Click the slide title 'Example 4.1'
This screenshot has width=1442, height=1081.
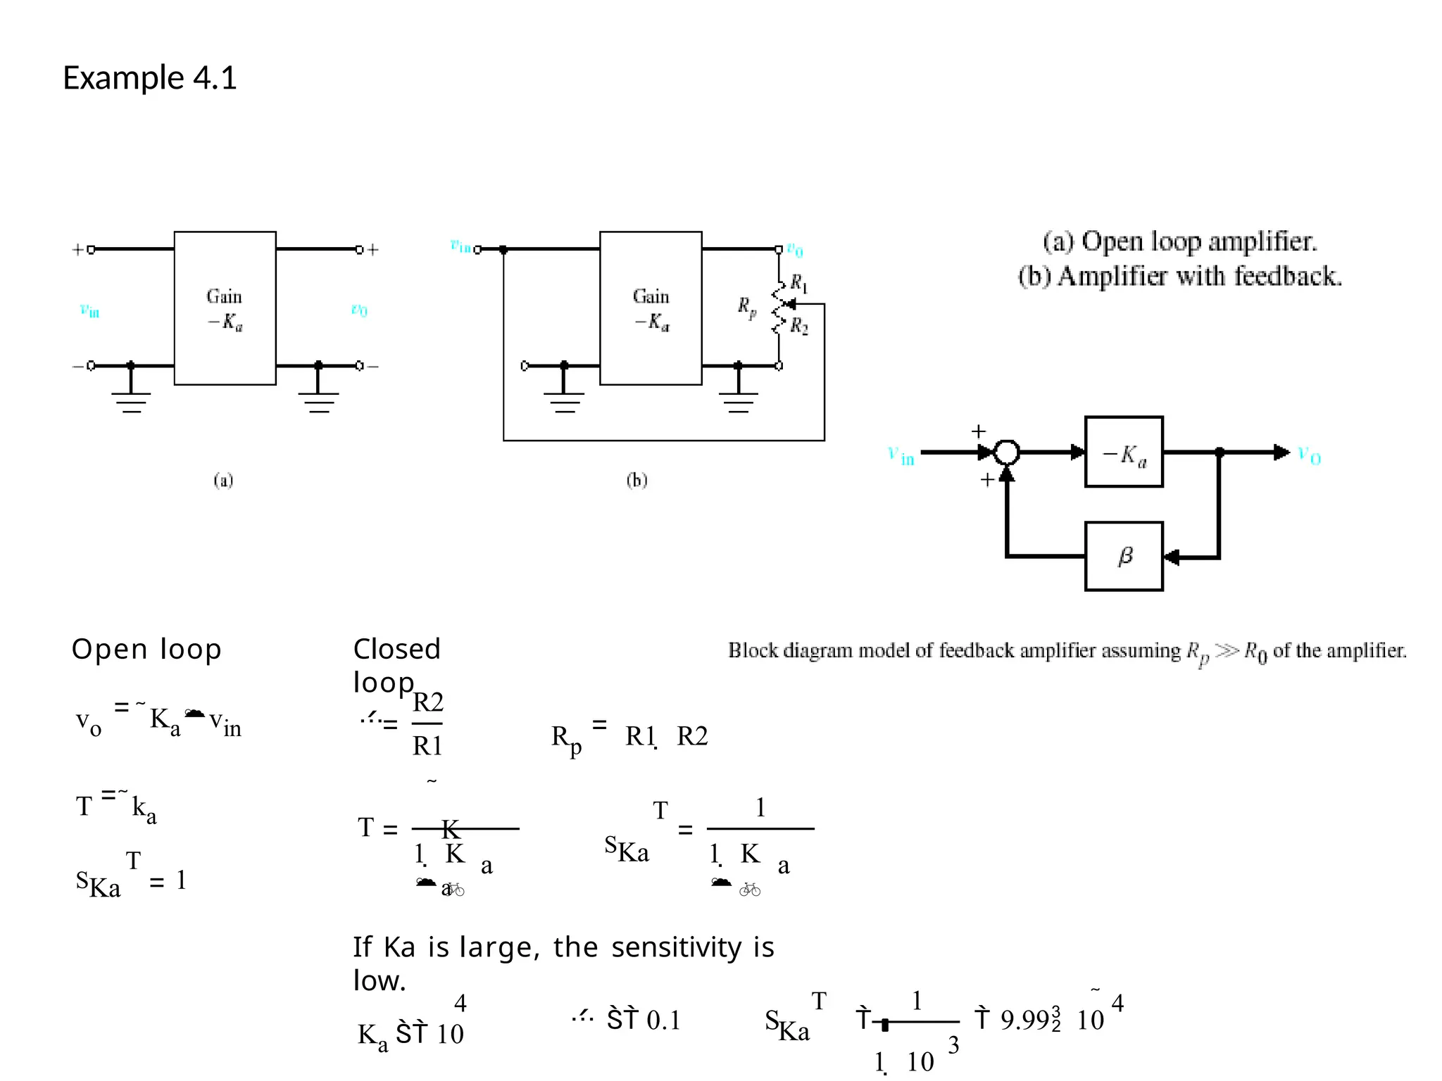[x=149, y=77]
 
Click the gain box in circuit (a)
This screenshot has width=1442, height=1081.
[x=225, y=308]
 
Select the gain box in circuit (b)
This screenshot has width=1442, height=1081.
[x=650, y=308]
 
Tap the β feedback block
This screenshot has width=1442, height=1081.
[x=1124, y=557]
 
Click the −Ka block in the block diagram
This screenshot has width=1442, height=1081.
[x=1124, y=453]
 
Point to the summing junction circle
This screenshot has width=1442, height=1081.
[x=1007, y=453]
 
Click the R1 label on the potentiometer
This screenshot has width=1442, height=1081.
[x=798, y=283]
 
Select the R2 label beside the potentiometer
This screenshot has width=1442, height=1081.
[x=799, y=326]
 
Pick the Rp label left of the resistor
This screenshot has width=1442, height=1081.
[x=746, y=307]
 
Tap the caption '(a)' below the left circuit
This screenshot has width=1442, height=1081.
[x=223, y=481]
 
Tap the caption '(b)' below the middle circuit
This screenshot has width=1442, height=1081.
[x=637, y=481]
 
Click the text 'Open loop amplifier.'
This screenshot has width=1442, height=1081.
[x=1198, y=241]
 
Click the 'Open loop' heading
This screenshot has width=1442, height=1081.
[x=146, y=649]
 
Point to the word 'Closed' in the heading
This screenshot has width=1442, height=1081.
[x=396, y=649]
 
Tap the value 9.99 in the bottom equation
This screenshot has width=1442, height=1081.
[x=1025, y=1020]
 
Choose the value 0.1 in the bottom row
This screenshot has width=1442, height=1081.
[x=663, y=1020]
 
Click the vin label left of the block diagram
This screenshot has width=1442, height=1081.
[x=901, y=456]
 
